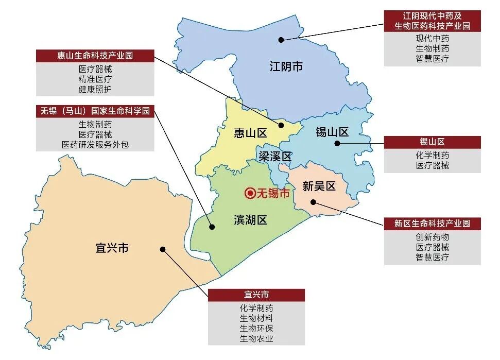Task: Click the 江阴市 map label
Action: (286, 66)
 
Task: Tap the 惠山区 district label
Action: (250, 133)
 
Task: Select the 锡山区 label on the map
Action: (332, 132)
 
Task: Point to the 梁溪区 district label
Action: (275, 157)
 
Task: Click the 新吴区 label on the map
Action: (319, 186)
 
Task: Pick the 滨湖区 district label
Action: (250, 220)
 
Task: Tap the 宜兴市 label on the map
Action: (112, 248)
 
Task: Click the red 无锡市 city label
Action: (273, 194)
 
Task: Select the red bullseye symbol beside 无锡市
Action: (250, 194)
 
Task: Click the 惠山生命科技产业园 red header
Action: (95, 56)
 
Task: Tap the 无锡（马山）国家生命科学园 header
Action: (95, 111)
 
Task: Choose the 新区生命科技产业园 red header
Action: (432, 224)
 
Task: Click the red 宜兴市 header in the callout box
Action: (256, 295)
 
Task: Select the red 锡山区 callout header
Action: (432, 142)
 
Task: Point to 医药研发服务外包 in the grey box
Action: (95, 145)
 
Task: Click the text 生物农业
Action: (256, 338)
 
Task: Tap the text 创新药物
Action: (432, 237)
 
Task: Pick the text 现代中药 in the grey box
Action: (432, 38)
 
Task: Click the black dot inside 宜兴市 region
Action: (162, 249)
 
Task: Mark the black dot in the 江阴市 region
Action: (281, 39)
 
